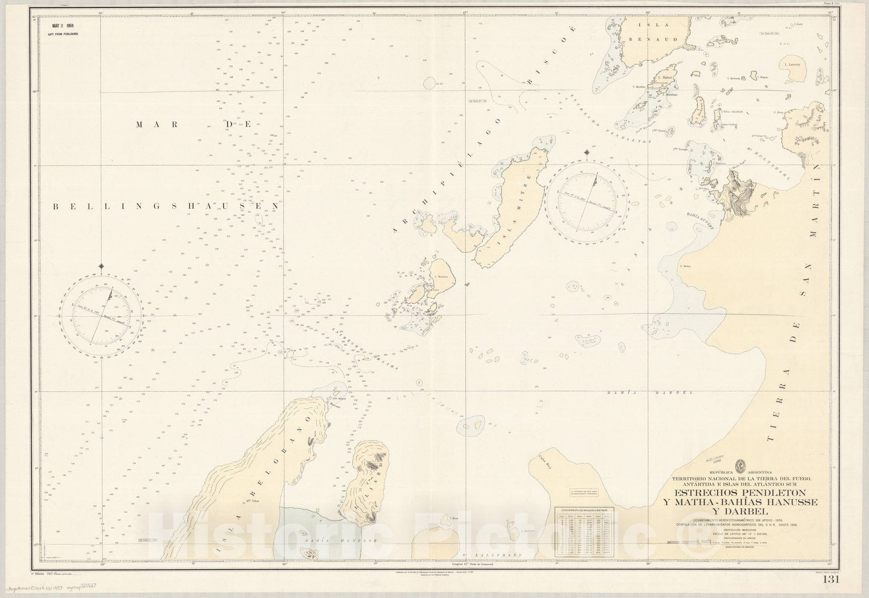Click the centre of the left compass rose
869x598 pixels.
point(103,316)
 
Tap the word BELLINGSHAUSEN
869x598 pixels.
point(166,206)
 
